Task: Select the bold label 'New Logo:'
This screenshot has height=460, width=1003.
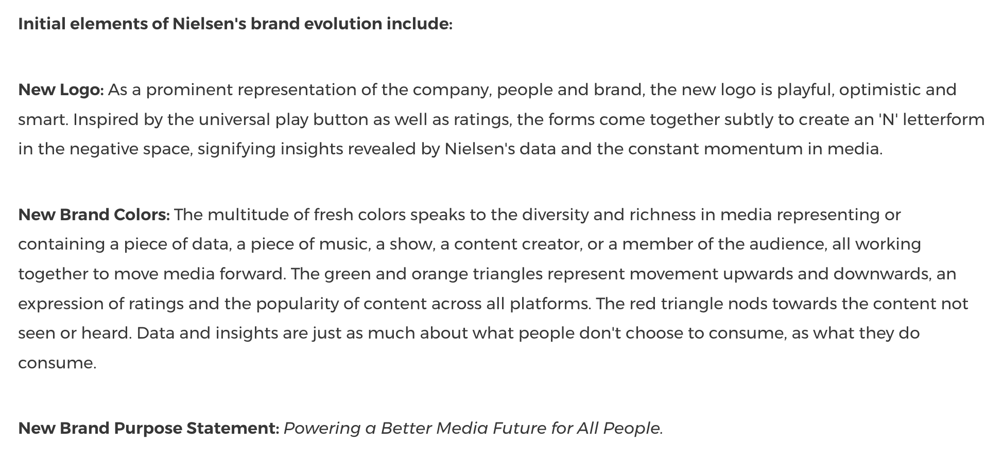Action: (61, 90)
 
